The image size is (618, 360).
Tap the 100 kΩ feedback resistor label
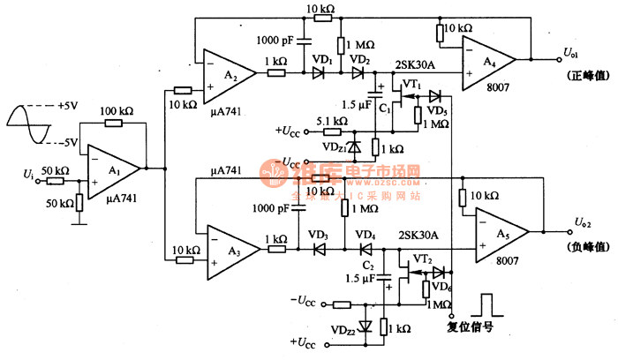coord(116,112)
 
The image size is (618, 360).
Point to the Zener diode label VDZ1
coord(335,146)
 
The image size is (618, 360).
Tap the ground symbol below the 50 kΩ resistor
coord(79,221)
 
